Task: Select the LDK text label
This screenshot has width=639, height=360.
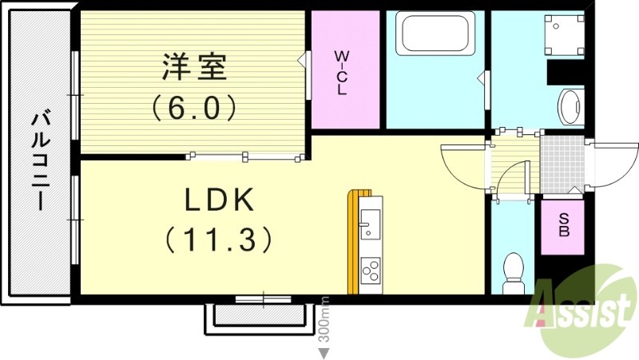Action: tap(220, 200)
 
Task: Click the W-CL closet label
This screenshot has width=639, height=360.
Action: tap(341, 73)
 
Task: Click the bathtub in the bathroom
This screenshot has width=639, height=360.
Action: tap(435, 34)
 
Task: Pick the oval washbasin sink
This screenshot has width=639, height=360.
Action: tap(570, 106)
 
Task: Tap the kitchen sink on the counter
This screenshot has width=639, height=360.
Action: tap(370, 224)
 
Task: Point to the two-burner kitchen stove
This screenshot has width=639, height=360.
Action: tap(371, 271)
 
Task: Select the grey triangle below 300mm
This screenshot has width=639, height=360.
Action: tap(324, 352)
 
